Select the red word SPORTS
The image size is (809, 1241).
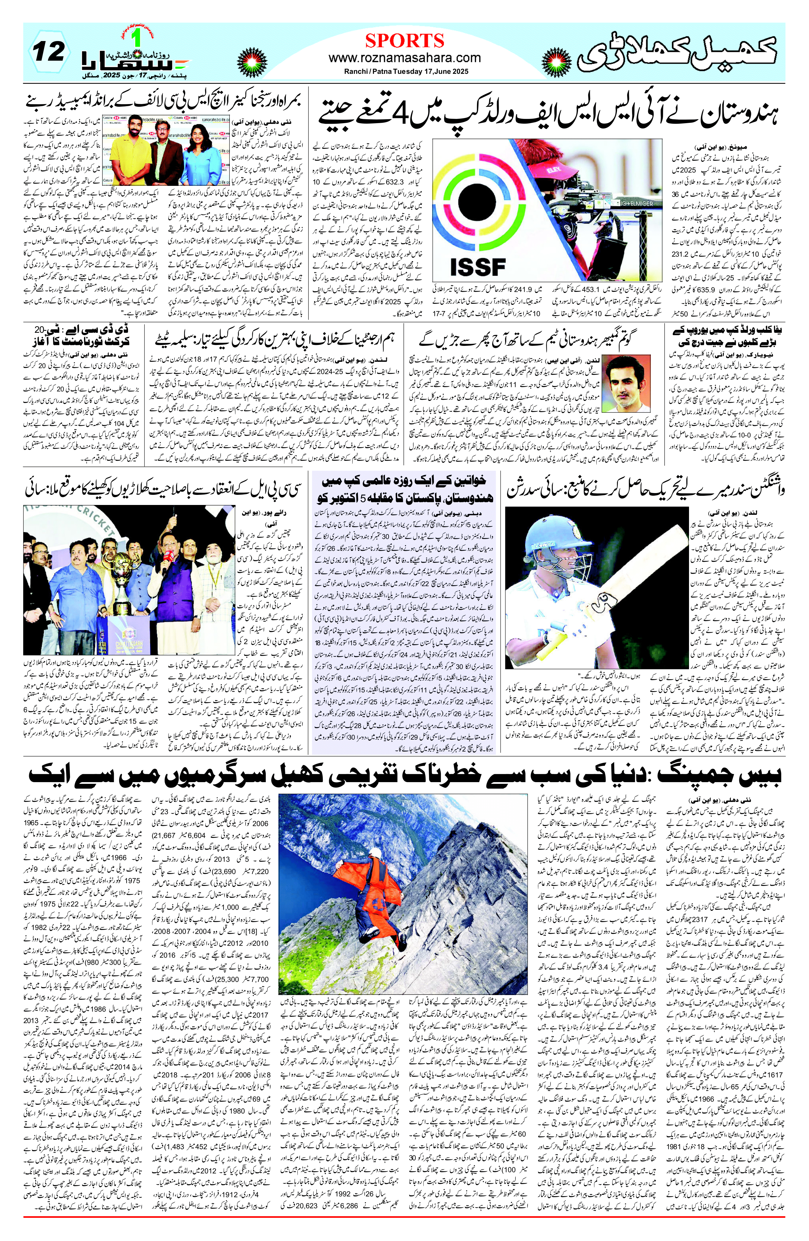click(404, 40)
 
